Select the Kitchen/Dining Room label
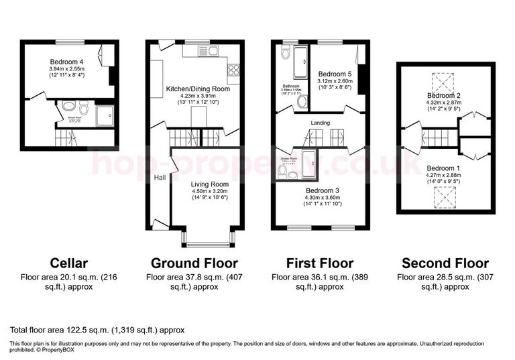(198, 88)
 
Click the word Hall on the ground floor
(160, 178)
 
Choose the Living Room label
(209, 184)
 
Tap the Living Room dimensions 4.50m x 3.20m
(209, 192)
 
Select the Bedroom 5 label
(335, 74)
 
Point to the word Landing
(321, 123)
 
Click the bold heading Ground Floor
(194, 262)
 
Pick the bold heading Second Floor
(445, 263)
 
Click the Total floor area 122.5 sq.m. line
(97, 330)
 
